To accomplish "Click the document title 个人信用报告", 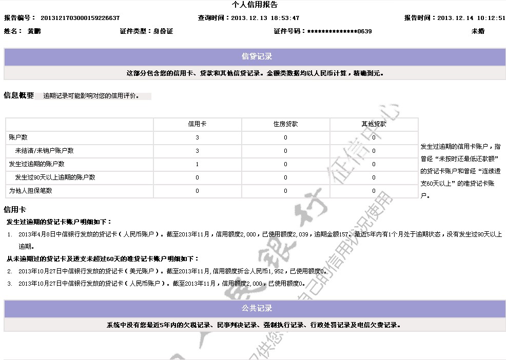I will point(255,5).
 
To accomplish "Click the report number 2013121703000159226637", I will point(80,18).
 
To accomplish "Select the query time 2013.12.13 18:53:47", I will point(265,18).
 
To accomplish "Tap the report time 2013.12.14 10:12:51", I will point(471,18).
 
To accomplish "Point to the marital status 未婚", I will point(478,31).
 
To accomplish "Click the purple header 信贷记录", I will point(257,57).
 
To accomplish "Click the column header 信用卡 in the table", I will point(197,125).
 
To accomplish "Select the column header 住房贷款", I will point(285,125).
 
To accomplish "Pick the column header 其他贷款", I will point(374,125).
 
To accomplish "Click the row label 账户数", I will point(18,138).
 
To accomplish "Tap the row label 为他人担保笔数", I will point(30,191).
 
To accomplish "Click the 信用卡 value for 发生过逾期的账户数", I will point(197,165).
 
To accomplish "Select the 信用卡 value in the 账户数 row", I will point(197,138).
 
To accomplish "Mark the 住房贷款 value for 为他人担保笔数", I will point(285,191).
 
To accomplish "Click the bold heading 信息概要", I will point(18,96).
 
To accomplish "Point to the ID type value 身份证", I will point(163,31).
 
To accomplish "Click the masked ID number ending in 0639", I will point(339,31).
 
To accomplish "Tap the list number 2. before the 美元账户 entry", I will point(10,271).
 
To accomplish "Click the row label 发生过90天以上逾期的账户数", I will point(55,178).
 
